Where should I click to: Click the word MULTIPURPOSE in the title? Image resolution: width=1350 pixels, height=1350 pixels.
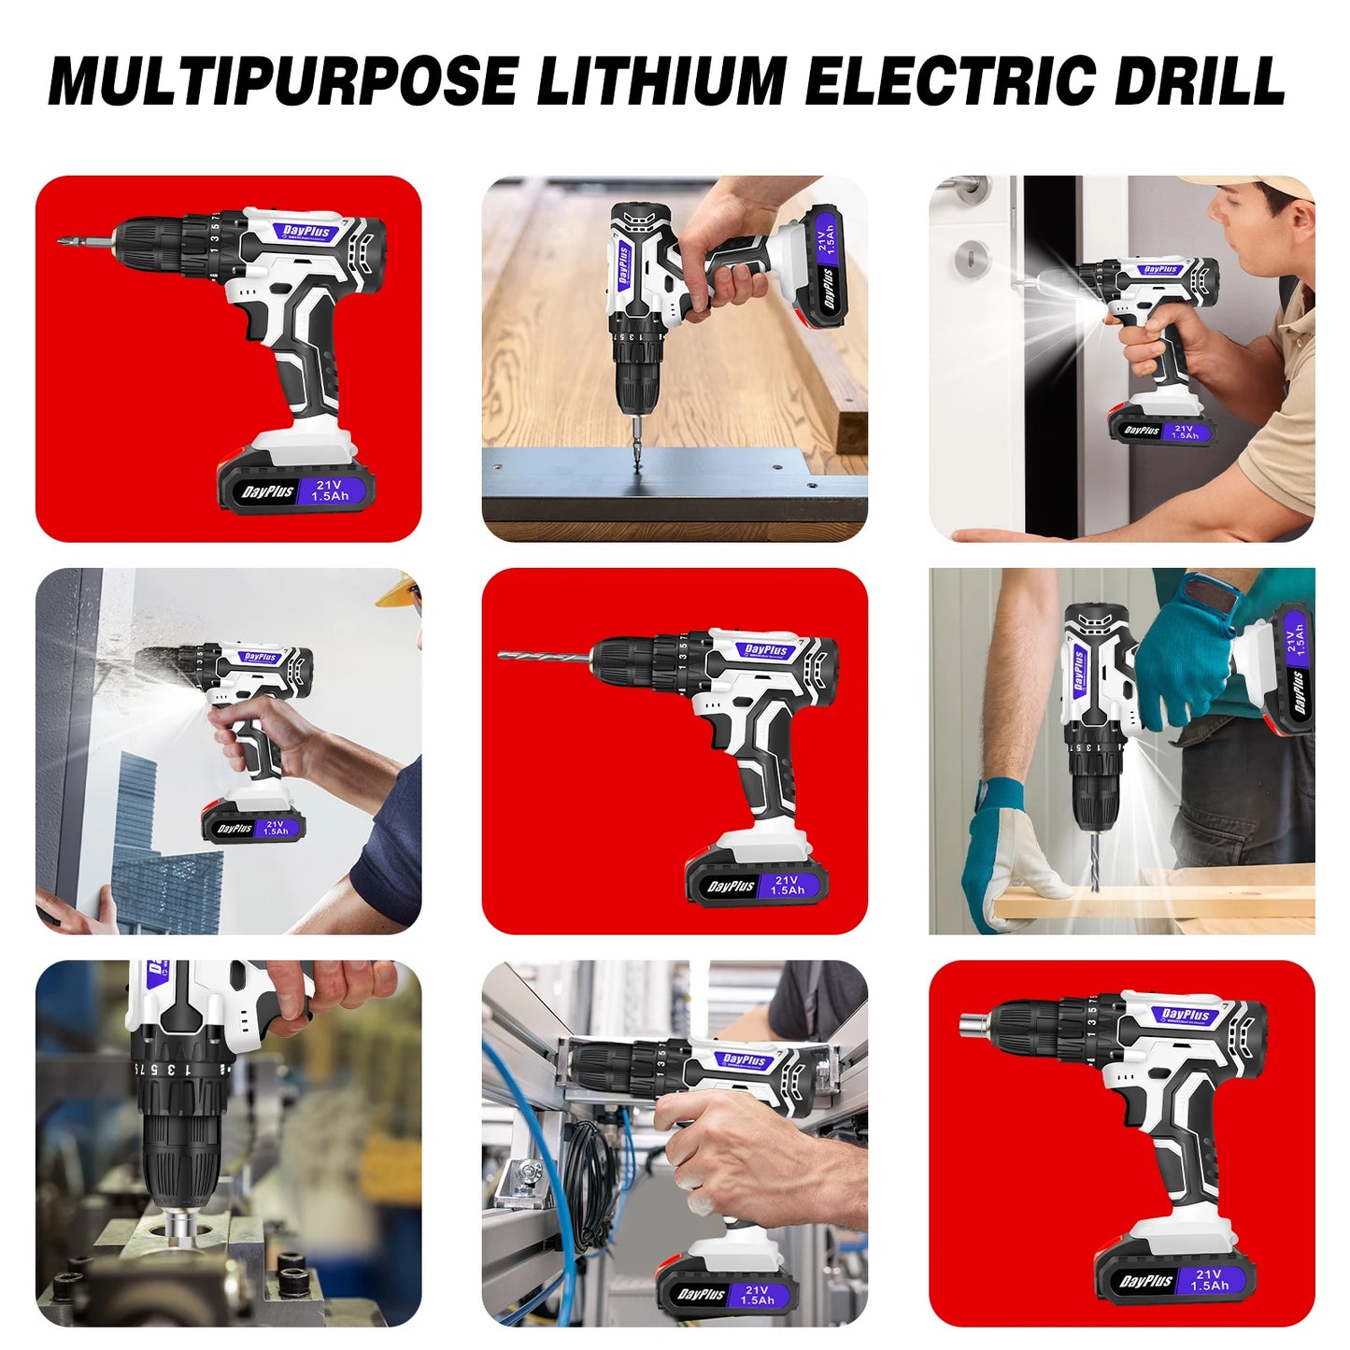point(282,81)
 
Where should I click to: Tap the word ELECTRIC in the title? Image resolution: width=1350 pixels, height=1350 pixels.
point(948,81)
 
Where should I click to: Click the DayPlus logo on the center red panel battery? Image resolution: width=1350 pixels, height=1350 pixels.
point(731,886)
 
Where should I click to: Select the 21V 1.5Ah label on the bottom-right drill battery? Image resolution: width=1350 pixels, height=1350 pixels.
point(1209,1279)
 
